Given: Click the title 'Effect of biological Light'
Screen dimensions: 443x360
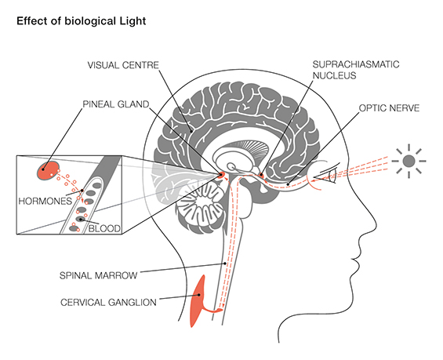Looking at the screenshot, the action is point(82,21).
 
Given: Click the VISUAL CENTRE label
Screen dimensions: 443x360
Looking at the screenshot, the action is point(123,65).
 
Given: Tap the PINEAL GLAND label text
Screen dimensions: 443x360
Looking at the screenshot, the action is point(115,104).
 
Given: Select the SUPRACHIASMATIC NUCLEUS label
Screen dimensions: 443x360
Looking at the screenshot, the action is point(356,70).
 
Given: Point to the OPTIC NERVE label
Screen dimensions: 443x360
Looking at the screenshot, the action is point(389,108).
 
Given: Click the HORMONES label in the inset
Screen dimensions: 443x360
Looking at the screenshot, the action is point(45,202).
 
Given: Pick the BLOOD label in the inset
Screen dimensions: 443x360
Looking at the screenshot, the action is point(104,228).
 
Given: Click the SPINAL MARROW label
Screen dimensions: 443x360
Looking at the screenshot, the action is point(98,275).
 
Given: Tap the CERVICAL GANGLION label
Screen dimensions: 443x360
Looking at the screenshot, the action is point(108,303).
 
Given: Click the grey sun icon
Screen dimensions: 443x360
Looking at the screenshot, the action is point(409,161).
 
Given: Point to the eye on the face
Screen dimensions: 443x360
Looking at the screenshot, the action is point(325,175).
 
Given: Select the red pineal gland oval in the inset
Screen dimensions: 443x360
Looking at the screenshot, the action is point(48,170).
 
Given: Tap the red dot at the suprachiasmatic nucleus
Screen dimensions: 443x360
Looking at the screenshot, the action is point(261,176).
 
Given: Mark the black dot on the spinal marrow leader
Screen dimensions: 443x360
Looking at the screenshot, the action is point(225,264).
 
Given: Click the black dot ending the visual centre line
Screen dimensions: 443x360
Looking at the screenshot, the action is point(192,131).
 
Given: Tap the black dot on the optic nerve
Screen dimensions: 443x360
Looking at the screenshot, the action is point(288,184).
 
